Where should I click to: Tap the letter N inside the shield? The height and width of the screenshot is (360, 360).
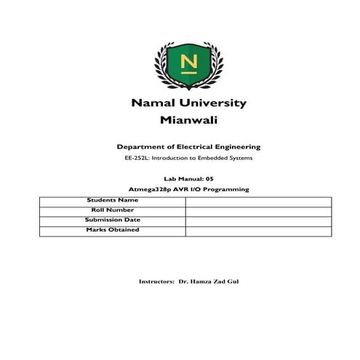click(x=188, y=62)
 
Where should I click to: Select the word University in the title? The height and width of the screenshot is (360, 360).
click(x=215, y=103)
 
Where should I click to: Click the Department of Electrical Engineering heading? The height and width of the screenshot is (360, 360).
click(x=188, y=147)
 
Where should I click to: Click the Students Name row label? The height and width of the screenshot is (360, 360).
click(x=112, y=199)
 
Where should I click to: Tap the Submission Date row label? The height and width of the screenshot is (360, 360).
click(x=112, y=220)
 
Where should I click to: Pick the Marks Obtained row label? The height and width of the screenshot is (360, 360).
click(x=112, y=230)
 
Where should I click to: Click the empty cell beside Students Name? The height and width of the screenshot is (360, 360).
click(x=258, y=201)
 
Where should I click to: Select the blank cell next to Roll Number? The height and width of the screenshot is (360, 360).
click(x=258, y=211)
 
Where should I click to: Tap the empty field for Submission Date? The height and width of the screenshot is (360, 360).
click(x=258, y=221)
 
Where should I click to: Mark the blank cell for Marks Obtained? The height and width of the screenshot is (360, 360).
click(x=258, y=231)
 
